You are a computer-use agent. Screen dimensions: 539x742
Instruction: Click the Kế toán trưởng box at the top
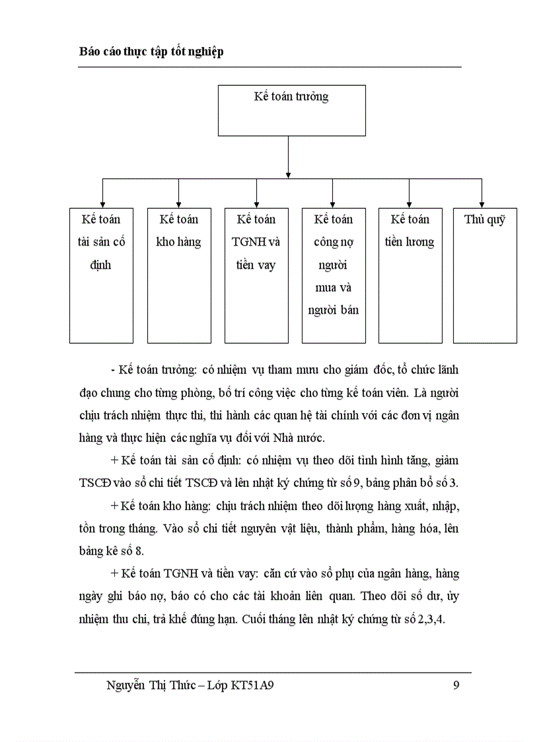tap(291, 110)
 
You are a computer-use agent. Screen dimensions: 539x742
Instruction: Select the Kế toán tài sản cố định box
tap(101, 276)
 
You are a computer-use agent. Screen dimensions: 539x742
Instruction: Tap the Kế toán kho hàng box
tap(179, 276)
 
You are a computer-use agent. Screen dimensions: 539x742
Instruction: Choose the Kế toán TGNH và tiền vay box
tap(256, 276)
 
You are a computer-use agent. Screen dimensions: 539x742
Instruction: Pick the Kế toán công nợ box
tap(334, 276)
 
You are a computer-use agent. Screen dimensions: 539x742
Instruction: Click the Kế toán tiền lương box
tap(410, 276)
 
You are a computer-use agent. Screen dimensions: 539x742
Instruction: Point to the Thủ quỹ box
tap(485, 276)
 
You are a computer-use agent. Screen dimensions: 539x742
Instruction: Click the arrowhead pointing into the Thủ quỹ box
tap(482, 203)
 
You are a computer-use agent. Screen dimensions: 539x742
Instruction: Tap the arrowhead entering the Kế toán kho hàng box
tap(179, 203)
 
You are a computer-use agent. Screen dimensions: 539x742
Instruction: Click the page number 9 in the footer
tap(456, 685)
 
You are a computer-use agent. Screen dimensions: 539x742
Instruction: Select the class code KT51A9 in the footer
tap(252, 685)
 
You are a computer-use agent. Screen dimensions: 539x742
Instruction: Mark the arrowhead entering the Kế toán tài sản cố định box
tap(102, 203)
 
